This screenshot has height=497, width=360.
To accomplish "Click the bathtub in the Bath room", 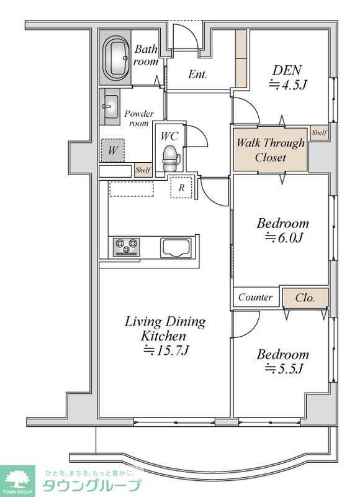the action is click(x=116, y=58).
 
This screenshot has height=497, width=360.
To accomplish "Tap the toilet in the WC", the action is click(x=171, y=159).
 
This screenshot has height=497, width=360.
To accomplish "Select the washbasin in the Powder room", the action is click(x=111, y=107).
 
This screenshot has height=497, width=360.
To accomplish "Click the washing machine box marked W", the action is click(x=113, y=150).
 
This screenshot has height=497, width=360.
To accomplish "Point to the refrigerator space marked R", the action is click(x=181, y=188).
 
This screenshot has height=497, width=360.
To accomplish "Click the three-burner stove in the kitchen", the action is click(x=127, y=247).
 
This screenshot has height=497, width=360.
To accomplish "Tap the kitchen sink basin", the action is click(x=176, y=247).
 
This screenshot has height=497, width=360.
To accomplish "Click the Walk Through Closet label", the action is click(x=271, y=150).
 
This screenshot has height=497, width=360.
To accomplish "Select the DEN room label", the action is click(x=287, y=70).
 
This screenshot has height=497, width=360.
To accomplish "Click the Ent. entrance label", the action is click(x=197, y=74).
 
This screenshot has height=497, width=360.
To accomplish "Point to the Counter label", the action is click(x=255, y=297).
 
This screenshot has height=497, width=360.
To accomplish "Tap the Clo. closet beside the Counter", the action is click(x=305, y=298).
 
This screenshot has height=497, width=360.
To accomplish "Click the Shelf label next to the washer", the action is click(x=143, y=170).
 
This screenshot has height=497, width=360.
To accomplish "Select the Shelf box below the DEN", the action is click(x=319, y=132).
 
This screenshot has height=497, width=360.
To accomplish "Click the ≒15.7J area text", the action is click(x=166, y=350).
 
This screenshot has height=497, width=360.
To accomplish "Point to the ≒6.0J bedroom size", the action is click(x=284, y=237).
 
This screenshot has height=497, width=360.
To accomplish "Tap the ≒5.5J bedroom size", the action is click(x=284, y=368).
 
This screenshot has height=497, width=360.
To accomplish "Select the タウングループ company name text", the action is click(x=91, y=486).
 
